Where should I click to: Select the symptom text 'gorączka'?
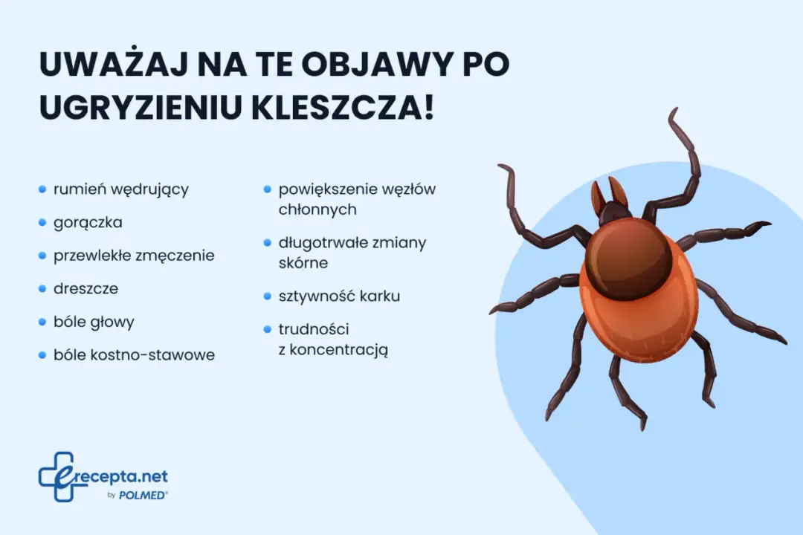click(x=88, y=222)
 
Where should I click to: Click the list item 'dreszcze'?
click(x=86, y=288)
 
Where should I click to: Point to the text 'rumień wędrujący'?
click(x=120, y=189)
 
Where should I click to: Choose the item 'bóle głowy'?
click(x=94, y=322)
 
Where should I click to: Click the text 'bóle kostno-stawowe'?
click(x=134, y=355)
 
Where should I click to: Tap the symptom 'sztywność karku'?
click(x=339, y=296)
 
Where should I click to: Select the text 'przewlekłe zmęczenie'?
click(x=134, y=256)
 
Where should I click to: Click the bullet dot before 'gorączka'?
click(x=42, y=222)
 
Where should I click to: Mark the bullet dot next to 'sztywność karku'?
click(x=267, y=296)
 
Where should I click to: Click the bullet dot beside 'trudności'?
click(x=267, y=329)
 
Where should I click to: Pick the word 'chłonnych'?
click(x=317, y=210)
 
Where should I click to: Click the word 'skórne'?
click(x=303, y=263)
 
